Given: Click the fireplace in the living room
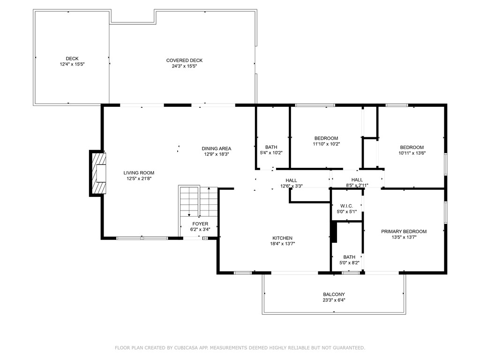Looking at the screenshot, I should click(98, 173).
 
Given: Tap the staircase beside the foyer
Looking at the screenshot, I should click(198, 201).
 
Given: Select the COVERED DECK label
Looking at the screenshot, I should click(184, 60).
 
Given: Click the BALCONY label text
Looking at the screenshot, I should click(333, 294).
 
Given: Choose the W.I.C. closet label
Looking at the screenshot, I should click(346, 206).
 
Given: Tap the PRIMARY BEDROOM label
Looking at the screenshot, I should click(404, 232).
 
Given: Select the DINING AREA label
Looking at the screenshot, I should click(217, 149).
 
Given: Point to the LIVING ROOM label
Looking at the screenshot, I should click(139, 172).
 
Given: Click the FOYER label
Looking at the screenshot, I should click(200, 224).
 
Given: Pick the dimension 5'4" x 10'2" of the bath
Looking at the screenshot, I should click(271, 153).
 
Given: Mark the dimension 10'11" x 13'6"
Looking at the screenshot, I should click(412, 153).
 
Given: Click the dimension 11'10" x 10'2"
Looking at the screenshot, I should click(326, 144).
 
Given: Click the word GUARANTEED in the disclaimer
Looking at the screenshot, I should click(347, 348).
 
